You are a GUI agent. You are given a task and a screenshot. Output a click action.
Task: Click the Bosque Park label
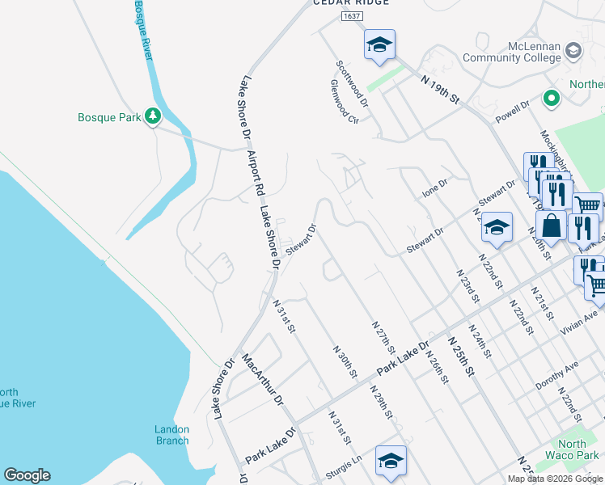109,117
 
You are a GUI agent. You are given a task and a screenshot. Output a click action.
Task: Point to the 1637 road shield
351,15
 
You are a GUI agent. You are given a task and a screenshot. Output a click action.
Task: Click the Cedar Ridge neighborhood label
351,2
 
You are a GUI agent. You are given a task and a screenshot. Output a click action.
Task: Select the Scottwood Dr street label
353,84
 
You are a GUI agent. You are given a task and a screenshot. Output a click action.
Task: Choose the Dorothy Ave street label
557,376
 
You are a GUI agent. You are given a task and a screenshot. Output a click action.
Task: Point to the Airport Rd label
256,172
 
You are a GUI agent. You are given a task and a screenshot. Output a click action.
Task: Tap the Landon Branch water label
172,435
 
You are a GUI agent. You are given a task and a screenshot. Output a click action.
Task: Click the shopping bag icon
551,226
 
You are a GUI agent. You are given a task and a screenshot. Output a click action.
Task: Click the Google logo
27,475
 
